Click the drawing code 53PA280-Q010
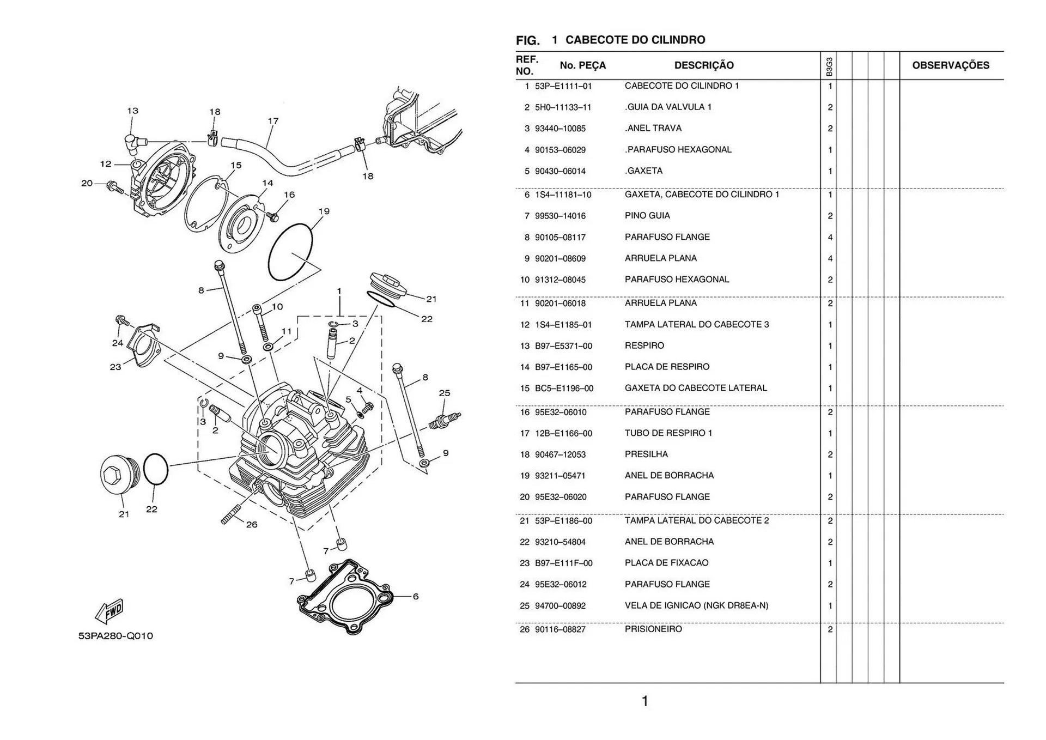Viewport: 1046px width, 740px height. pyautogui.click(x=115, y=636)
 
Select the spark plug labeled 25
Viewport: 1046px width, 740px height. pyautogui.click(x=444, y=419)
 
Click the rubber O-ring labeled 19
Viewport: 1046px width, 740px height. pyautogui.click(x=290, y=252)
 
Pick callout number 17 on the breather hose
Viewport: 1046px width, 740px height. pyautogui.click(x=273, y=121)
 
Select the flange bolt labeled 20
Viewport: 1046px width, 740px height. pyautogui.click(x=116, y=188)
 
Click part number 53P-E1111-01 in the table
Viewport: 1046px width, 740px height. pyautogui.click(x=563, y=86)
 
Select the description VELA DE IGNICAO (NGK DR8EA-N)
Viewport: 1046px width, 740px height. pyautogui.click(x=696, y=605)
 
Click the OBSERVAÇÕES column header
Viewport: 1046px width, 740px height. pyautogui.click(x=950, y=65)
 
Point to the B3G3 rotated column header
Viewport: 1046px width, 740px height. pyautogui.click(x=829, y=66)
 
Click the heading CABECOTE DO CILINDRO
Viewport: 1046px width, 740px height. pyautogui.click(x=635, y=40)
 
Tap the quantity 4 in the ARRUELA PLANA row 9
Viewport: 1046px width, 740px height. pyautogui.click(x=830, y=258)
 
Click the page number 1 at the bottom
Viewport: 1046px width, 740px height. pyautogui.click(x=645, y=701)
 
